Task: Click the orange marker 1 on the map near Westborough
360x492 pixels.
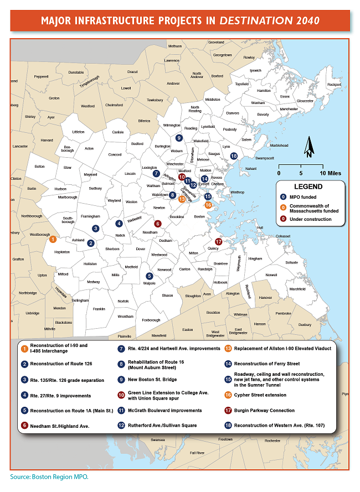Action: pyautogui.click(x=53, y=239)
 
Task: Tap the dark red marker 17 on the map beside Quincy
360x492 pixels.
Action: pyautogui.click(x=218, y=242)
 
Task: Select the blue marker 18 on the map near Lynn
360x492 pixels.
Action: pyautogui.click(x=234, y=157)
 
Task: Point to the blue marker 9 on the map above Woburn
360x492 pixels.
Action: pyautogui.click(x=178, y=138)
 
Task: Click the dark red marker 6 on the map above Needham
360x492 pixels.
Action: pyautogui.click(x=158, y=224)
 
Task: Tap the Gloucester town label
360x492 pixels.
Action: pyautogui.click(x=305, y=101)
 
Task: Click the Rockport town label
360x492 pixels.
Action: pyautogui.click(x=334, y=84)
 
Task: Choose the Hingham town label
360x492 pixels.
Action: pyautogui.click(x=255, y=258)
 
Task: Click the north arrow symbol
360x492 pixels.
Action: pyautogui.click(x=310, y=149)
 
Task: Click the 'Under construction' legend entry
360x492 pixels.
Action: pyautogui.click(x=313, y=219)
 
